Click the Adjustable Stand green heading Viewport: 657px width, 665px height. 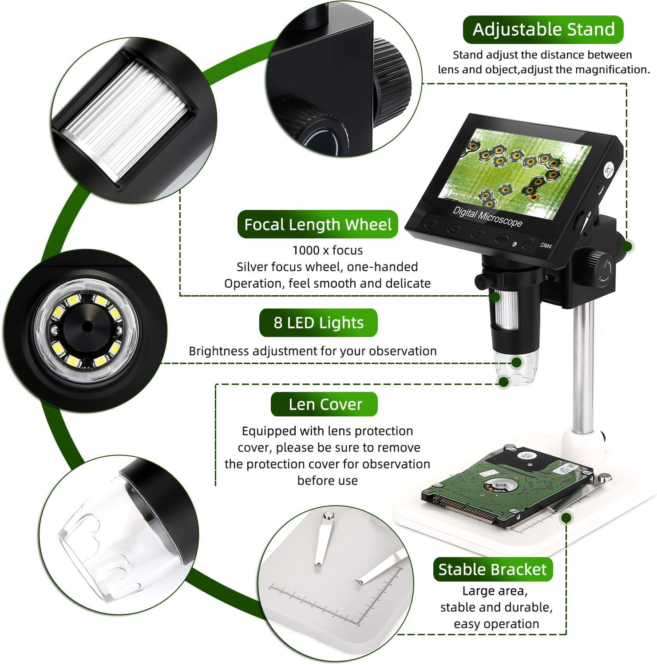(x=543, y=30)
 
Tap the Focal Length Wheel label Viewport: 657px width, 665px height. (x=318, y=224)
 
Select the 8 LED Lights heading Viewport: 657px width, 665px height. (x=318, y=323)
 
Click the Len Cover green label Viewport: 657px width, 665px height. (x=325, y=404)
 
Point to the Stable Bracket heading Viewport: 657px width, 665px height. (x=493, y=569)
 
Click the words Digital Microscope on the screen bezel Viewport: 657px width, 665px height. (x=487, y=217)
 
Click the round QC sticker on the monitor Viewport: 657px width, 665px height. (x=608, y=170)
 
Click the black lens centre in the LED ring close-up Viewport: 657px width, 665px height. (x=87, y=327)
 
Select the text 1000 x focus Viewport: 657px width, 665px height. (x=328, y=250)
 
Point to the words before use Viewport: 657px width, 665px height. (x=328, y=481)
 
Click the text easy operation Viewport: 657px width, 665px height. (x=496, y=624)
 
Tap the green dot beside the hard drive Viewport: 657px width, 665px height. (x=566, y=517)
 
